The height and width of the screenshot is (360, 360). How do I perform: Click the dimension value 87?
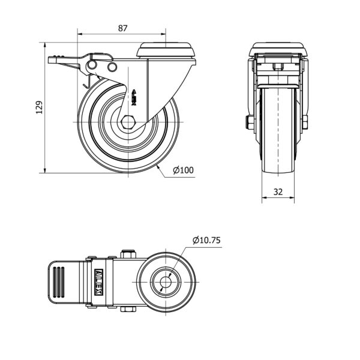coord(122,28)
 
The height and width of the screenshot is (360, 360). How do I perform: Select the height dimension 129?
coord(39,107)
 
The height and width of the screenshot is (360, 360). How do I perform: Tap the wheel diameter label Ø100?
coord(183,170)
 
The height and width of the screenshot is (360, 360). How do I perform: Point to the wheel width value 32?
coord(278,192)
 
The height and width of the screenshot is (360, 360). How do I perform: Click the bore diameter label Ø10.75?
coord(206,240)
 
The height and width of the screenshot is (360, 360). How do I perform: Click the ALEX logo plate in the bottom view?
coord(99,282)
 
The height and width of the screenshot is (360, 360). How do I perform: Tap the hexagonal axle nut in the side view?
coord(128,122)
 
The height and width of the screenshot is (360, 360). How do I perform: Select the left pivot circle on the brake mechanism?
coord(92,65)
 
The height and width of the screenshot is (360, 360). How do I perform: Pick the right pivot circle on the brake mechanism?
coord(112,67)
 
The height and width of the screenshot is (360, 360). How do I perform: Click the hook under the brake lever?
coord(87,82)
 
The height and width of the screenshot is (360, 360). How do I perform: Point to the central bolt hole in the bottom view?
coord(166,282)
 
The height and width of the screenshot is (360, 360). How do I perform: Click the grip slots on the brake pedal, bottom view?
coord(59,282)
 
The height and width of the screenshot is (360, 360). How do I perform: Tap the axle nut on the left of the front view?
coord(250,122)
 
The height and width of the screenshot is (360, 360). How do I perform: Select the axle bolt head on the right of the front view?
coord(305,122)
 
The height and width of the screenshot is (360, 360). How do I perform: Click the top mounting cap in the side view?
coord(166,50)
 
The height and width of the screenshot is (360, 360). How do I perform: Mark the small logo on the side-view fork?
coord(134,98)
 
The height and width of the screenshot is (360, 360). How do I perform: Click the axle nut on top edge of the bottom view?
coord(128,254)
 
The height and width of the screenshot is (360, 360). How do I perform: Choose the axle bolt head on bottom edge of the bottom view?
coord(128,309)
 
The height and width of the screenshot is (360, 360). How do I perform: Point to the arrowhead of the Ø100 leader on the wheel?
coord(158,167)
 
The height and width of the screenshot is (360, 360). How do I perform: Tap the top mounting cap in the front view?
coord(278,49)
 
